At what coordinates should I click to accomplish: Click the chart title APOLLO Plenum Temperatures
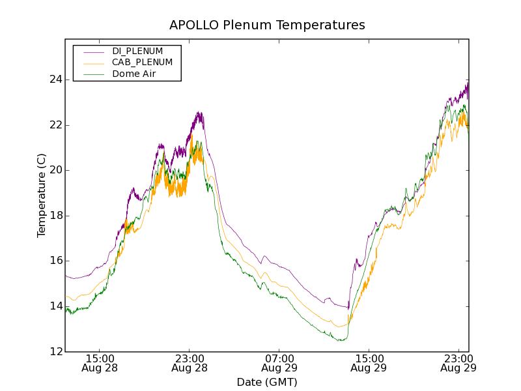[267, 25]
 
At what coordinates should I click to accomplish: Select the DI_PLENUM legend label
[137, 51]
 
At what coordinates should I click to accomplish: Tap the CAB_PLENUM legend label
[142, 63]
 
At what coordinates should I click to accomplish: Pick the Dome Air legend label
[134, 74]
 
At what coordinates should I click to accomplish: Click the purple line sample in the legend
[93, 51]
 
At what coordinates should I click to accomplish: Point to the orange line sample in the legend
[93, 63]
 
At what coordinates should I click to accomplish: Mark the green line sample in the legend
[93, 74]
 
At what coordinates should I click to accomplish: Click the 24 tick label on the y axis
[56, 80]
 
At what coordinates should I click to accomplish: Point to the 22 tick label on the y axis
[56, 125]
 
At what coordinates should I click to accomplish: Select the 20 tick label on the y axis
[56, 170]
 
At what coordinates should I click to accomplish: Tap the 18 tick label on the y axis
[56, 216]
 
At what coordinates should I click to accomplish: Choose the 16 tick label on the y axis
[56, 261]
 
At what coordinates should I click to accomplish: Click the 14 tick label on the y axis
[56, 306]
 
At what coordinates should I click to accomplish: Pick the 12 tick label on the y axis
[56, 352]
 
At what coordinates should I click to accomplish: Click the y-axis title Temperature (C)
[42, 195]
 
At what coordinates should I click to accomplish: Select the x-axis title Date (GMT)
[267, 382]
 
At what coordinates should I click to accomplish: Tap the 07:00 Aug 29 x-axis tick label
[279, 363]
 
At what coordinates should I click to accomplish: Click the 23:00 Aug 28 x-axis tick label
[189, 363]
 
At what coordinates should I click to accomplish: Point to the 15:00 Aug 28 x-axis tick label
[100, 363]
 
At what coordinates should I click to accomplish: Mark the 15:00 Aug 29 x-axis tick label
[368, 363]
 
